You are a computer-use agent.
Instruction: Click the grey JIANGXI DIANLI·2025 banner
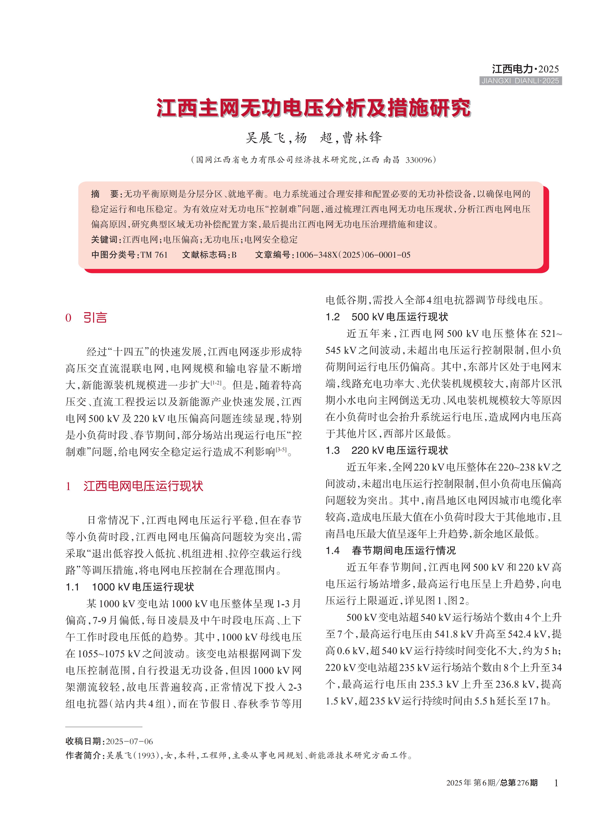click(x=520, y=81)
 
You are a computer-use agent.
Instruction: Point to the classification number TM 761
click(x=154, y=255)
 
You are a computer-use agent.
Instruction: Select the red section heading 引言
click(x=95, y=318)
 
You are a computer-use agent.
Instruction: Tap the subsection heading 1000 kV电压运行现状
click(x=143, y=587)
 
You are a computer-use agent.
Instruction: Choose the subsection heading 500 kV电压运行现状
click(x=400, y=317)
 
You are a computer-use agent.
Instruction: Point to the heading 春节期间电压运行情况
click(x=404, y=550)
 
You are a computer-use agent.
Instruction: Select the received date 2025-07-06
click(x=130, y=741)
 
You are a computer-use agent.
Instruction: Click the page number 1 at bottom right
click(x=556, y=783)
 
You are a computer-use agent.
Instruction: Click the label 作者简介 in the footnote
click(x=84, y=755)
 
